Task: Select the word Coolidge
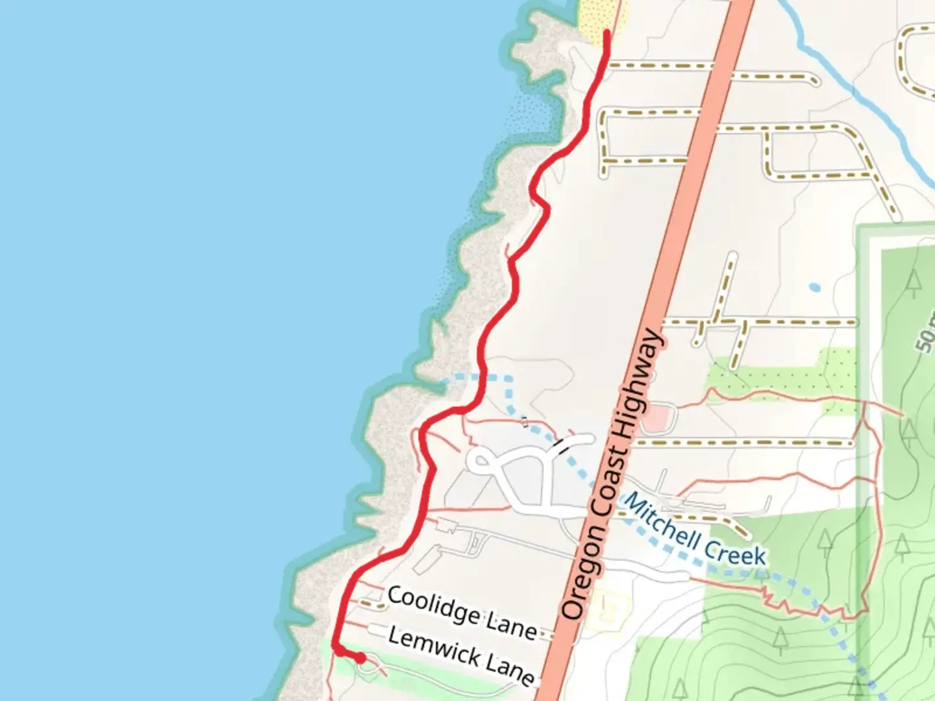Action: (434, 606)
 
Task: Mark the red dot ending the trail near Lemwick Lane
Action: (360, 659)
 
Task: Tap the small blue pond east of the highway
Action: (815, 286)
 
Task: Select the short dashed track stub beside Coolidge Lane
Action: (371, 603)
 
